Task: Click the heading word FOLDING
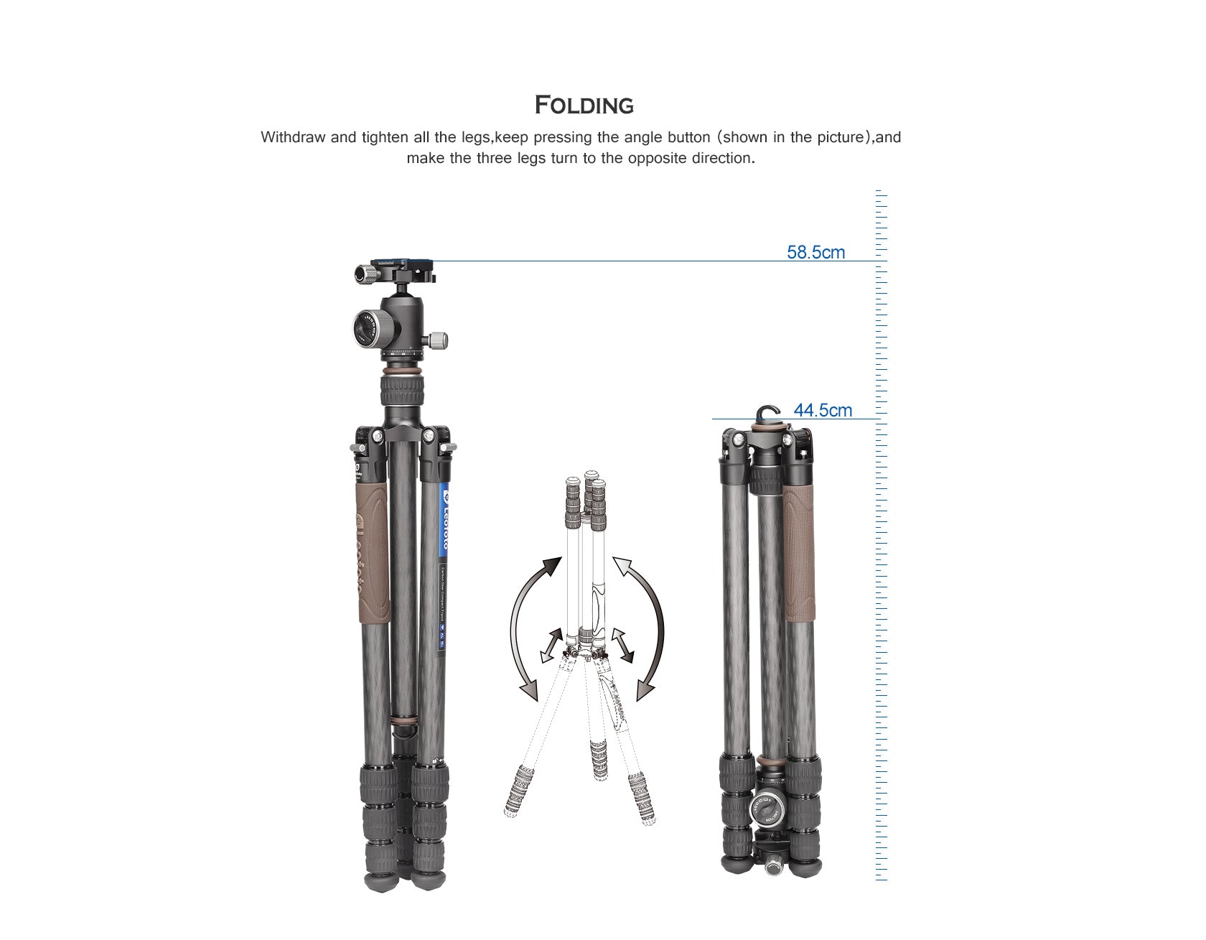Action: [584, 105]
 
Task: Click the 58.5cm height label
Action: [815, 253]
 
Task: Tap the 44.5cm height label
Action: [823, 411]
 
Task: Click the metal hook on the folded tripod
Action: [767, 414]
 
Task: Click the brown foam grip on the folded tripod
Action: [800, 553]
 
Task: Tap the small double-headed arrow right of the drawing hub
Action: [622, 644]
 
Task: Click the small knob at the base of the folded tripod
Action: [774, 867]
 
